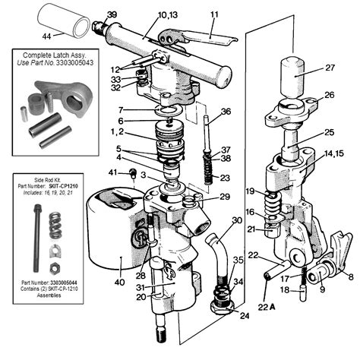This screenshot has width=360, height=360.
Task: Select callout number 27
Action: pyautogui.click(x=330, y=68)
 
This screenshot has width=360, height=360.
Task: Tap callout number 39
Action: pyautogui.click(x=112, y=14)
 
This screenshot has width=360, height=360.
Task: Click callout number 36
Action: pyautogui.click(x=226, y=112)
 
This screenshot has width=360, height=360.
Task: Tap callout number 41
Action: pyautogui.click(x=112, y=174)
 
